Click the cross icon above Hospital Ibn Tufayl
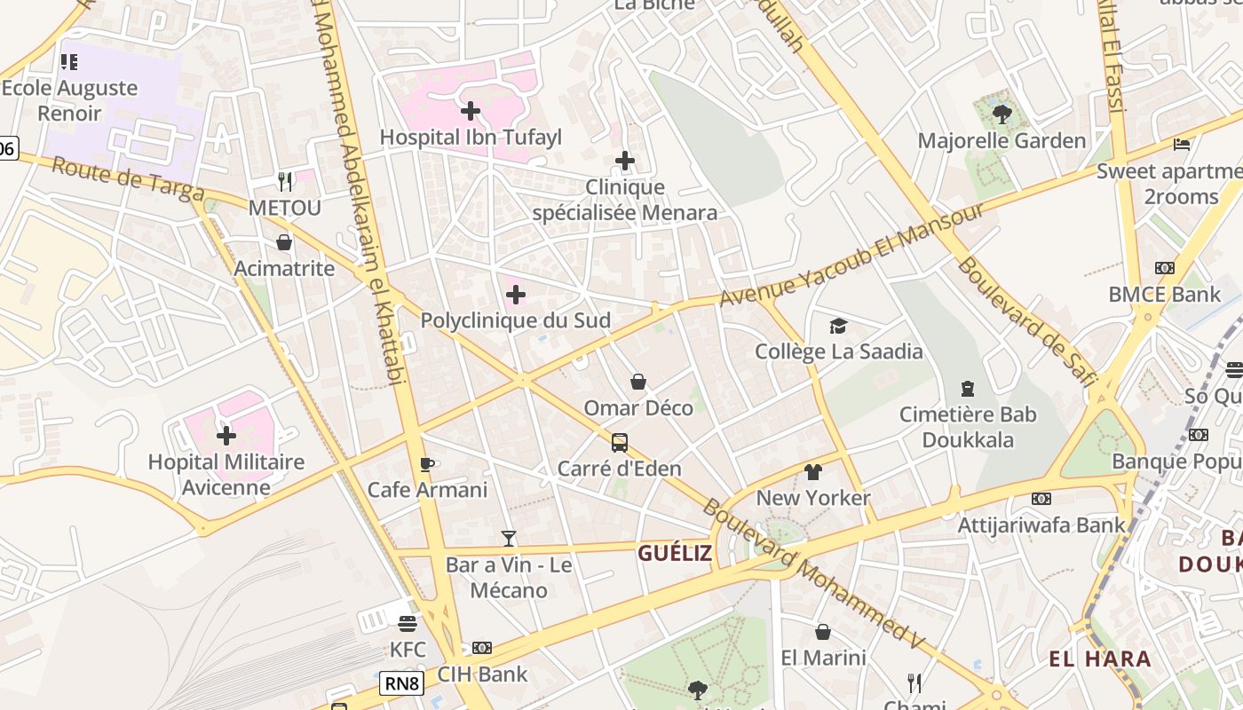tap(471, 111)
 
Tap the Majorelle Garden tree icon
tap(1002, 114)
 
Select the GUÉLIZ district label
tap(675, 553)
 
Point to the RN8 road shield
tap(401, 683)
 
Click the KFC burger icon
tap(408, 623)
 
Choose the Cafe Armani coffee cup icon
tap(427, 463)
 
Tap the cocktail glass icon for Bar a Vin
tap(509, 538)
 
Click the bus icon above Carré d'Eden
tap(620, 442)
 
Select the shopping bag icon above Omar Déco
tap(638, 382)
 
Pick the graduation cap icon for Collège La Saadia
tap(838, 326)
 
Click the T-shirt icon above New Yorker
tap(813, 471)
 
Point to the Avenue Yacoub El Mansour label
tap(851, 255)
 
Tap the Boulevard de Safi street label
tap(1022, 320)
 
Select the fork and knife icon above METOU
tap(285, 181)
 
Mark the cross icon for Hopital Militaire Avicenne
tap(226, 436)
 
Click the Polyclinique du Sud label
tap(515, 320)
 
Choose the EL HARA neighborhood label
tap(1100, 659)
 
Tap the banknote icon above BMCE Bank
tap(1165, 268)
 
